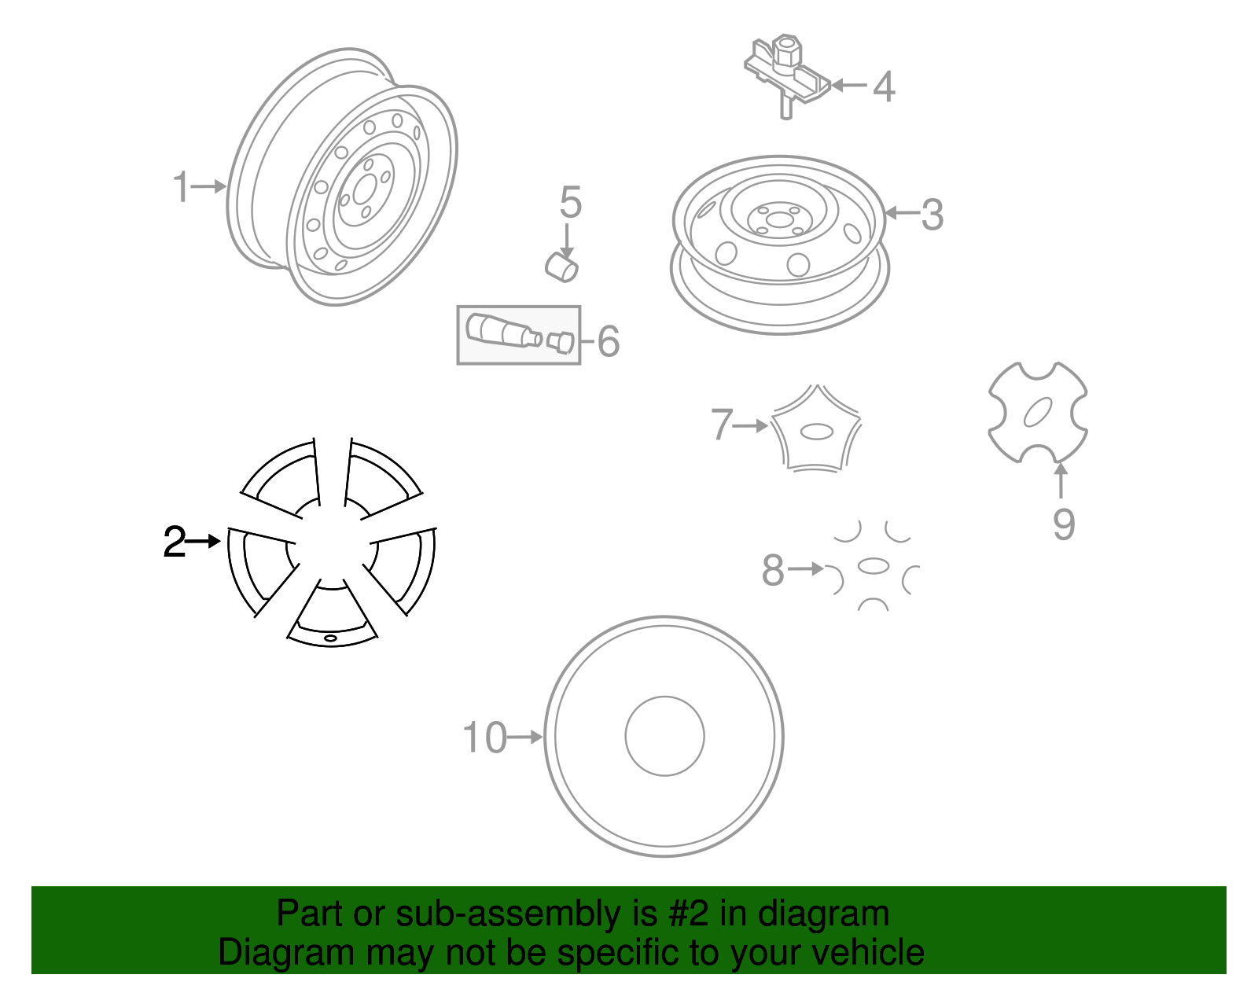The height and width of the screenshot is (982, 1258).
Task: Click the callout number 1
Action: (181, 187)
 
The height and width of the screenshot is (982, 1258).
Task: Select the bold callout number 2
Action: (175, 542)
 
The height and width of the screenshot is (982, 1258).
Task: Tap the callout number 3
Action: (932, 215)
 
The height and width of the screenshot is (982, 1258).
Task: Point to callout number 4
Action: (884, 86)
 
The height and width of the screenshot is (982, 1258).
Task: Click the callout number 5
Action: (571, 203)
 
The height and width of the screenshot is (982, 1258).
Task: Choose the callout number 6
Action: (609, 341)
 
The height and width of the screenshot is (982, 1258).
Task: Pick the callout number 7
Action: (722, 425)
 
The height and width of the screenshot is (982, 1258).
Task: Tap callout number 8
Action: (773, 570)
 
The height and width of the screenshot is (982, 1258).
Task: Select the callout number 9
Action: (1063, 524)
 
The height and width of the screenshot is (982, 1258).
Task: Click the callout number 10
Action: (484, 738)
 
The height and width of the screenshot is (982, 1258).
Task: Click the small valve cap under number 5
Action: (562, 266)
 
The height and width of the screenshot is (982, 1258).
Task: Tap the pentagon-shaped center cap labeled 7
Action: (817, 430)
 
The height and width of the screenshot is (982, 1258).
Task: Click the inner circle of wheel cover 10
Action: (664, 736)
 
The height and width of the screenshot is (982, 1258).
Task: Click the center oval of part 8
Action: (873, 566)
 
